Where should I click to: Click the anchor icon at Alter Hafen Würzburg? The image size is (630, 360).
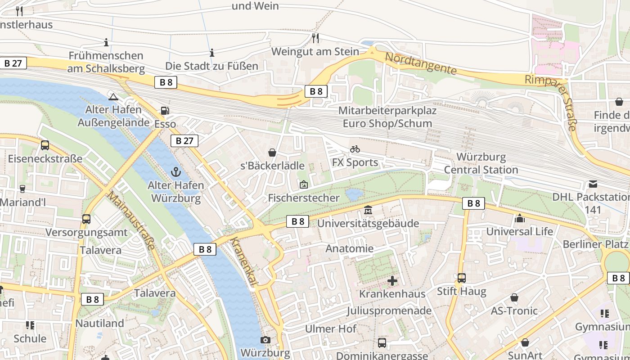point(176,171)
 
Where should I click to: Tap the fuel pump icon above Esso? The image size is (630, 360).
point(165,111)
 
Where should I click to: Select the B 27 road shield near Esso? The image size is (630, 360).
point(184,141)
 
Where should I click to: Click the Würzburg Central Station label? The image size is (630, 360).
point(481,163)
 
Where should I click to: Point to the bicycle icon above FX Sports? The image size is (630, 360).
point(355,149)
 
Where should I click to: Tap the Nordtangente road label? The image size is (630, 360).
point(421,64)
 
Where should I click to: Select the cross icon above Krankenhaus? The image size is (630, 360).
point(392,281)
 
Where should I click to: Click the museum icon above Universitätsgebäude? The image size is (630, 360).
point(368,210)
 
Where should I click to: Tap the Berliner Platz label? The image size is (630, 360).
point(595,244)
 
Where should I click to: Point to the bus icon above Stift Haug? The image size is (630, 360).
point(462,278)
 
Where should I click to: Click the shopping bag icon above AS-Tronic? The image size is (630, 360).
point(514,298)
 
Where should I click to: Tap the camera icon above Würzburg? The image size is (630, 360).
point(265,340)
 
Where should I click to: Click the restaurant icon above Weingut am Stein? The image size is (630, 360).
point(315,38)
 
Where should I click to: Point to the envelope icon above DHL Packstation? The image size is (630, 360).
point(593,184)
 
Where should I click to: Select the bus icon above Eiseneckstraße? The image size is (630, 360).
point(45,145)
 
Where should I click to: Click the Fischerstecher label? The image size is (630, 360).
point(303,198)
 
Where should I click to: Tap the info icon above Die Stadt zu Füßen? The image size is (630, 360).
point(211,53)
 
